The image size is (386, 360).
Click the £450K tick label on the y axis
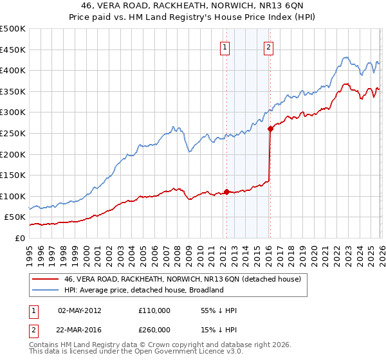point(13,50)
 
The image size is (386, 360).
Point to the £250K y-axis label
point(13,133)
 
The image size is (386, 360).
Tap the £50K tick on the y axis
point(15,217)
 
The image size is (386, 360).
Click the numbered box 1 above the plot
point(225,46)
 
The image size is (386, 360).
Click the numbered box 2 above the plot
point(268,46)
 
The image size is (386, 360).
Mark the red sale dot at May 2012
point(226,192)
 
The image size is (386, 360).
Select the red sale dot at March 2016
point(270,129)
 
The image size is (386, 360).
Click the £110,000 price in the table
point(154,310)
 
